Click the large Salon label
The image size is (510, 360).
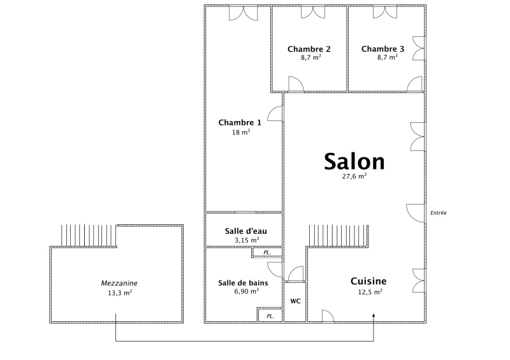354,162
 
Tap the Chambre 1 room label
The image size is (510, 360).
240,122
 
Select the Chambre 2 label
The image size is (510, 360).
309,49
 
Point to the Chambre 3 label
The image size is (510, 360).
383,49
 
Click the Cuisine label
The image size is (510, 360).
368,281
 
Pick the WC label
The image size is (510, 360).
295,301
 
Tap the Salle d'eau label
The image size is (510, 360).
246,231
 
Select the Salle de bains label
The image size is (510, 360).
244,283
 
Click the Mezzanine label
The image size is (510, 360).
119,284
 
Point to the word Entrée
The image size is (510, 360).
439,213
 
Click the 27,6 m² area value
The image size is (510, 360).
354,176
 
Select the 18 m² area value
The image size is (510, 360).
241,133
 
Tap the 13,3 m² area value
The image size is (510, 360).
120,293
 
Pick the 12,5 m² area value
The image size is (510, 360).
370,292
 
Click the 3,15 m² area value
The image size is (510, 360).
247,241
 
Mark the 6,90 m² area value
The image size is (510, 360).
247,291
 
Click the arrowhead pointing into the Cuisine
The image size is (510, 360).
374,315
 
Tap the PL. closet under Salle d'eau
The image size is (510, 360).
267,253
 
